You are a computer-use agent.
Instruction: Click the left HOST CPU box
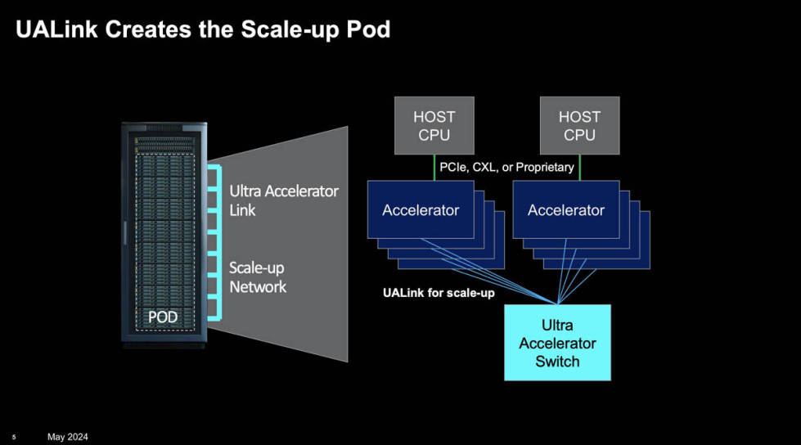434,126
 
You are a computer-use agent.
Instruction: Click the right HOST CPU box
579,126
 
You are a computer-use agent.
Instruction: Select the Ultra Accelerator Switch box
557,342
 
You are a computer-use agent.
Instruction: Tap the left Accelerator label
421,210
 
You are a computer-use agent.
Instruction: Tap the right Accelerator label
566,210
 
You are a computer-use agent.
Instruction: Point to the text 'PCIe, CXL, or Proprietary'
506,168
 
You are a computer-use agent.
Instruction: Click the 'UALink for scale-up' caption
439,293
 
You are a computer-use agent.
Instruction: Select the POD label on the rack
162,317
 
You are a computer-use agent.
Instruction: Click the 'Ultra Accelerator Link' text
283,200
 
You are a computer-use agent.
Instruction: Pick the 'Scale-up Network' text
258,277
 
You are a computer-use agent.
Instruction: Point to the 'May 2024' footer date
67,437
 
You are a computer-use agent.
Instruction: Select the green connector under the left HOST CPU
434,168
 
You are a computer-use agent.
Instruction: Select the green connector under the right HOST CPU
579,168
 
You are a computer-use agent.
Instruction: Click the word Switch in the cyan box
557,362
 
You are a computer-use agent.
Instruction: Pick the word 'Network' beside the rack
258,287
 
